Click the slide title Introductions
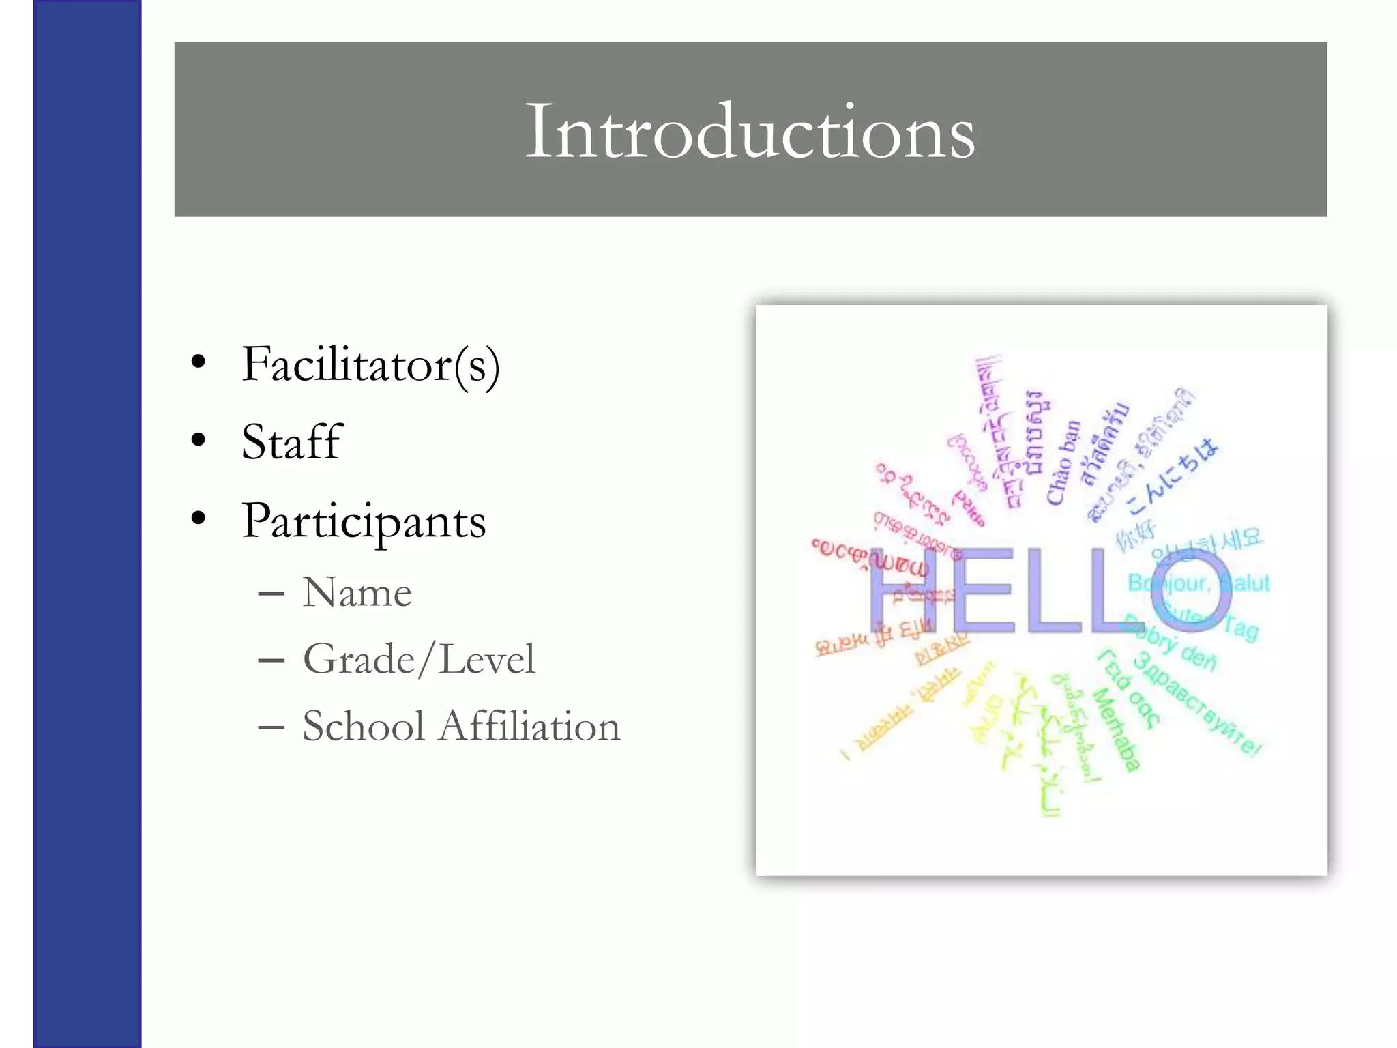(x=750, y=130)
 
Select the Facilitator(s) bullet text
(x=370, y=365)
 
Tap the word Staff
(x=291, y=442)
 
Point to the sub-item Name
(x=357, y=592)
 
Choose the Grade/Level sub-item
(x=419, y=659)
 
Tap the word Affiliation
(x=530, y=725)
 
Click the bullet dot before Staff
(x=198, y=440)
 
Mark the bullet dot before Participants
(x=198, y=519)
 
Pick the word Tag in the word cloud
(x=1240, y=628)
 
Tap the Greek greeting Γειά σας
(x=1128, y=688)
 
